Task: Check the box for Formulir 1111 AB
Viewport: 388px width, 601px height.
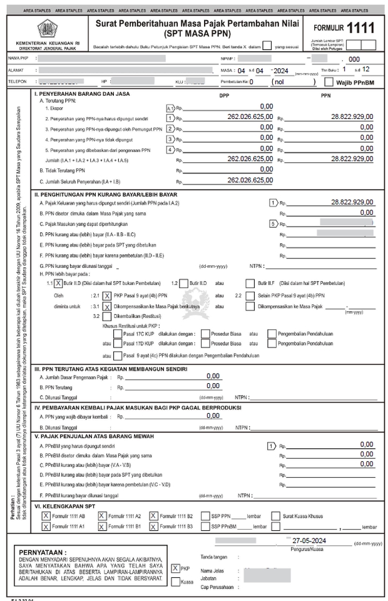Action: (x=46, y=516)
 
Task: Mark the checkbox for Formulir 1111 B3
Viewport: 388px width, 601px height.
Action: (x=153, y=527)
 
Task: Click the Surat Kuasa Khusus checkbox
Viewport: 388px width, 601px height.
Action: (x=276, y=516)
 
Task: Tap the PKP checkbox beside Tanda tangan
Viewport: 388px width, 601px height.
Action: (x=175, y=568)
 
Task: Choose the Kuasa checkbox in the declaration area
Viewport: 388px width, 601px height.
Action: (x=175, y=582)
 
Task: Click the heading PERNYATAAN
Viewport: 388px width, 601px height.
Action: (x=43, y=553)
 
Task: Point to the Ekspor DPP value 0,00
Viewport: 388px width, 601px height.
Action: (x=266, y=107)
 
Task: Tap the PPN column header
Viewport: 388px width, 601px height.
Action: (x=325, y=96)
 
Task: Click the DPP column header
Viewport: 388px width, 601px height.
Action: (x=225, y=96)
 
